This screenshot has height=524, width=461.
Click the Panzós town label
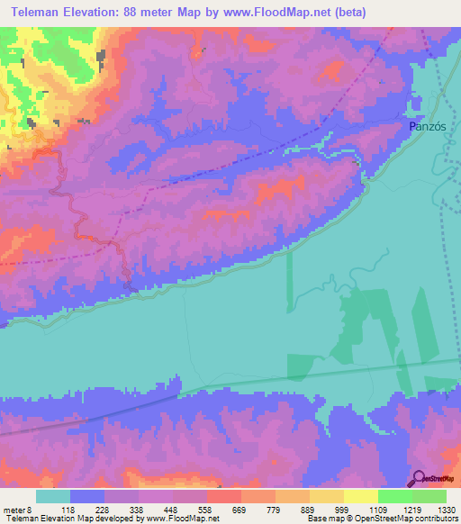pos(428,127)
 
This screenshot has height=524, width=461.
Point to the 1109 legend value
pos(377,510)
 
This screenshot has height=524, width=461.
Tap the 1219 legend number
pos(411,510)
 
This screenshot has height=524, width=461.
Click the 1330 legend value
pos(445,510)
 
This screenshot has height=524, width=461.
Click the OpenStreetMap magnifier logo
pos(418,478)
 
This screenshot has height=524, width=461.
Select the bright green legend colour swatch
pos(395,496)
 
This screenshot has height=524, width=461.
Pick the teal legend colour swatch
pos(53,496)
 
